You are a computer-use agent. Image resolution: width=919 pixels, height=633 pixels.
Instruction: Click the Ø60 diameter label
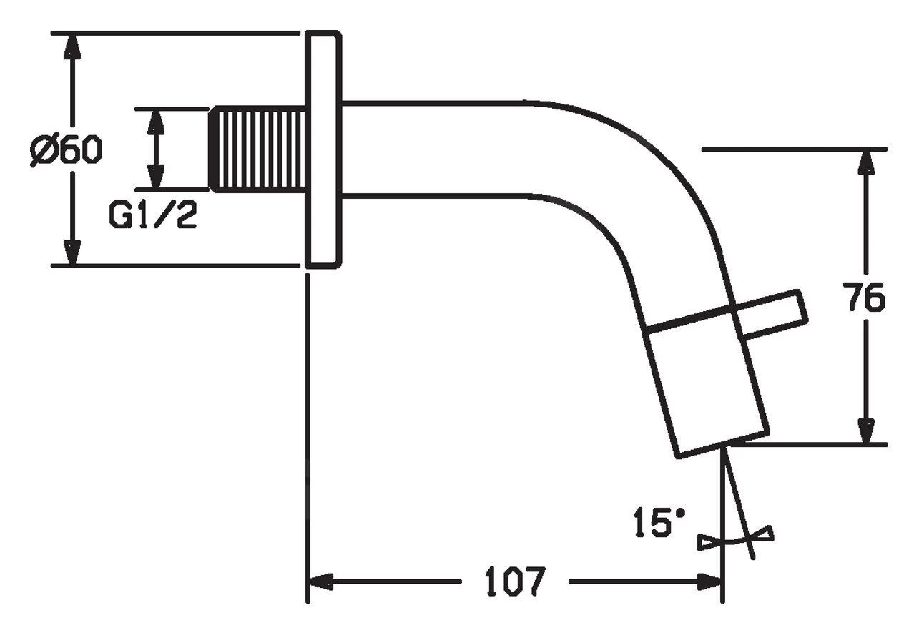[x=67, y=150]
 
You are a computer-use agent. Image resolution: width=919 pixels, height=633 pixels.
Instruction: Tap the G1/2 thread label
[x=153, y=215]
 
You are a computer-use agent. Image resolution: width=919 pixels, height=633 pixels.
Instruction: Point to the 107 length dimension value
[x=515, y=582]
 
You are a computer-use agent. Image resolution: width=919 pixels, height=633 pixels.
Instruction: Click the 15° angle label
[x=659, y=523]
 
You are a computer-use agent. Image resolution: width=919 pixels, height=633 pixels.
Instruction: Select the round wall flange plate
[x=323, y=149]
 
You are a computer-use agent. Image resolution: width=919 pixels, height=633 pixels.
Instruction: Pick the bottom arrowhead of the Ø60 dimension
[x=70, y=252]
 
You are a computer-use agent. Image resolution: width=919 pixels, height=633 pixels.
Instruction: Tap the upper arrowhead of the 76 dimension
[x=866, y=162]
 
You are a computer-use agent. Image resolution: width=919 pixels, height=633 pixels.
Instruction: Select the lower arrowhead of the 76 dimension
[x=866, y=431]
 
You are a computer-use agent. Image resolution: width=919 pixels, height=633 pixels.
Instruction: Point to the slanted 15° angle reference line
[x=740, y=508]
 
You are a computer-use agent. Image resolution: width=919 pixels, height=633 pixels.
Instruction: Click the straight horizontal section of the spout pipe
[x=436, y=149]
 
